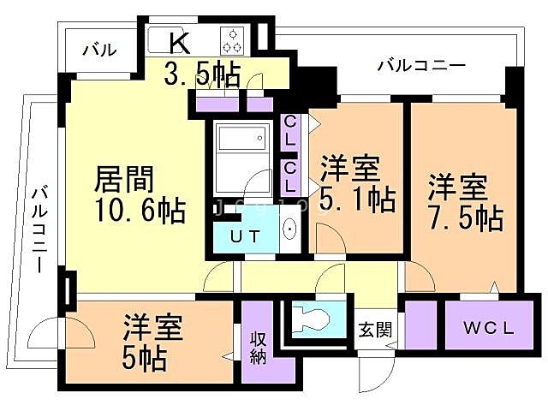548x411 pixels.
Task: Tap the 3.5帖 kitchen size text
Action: pyautogui.click(x=202, y=74)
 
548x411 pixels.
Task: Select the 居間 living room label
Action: pyautogui.click(x=123, y=181)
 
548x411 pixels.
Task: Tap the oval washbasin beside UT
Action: pyautogui.click(x=289, y=229)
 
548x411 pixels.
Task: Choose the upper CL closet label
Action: pyautogui.click(x=290, y=130)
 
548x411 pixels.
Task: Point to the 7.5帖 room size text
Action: pyautogui.click(x=466, y=217)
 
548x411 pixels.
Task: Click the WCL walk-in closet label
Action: pyautogui.click(x=490, y=327)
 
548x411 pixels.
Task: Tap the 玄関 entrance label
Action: pyautogui.click(x=373, y=327)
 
